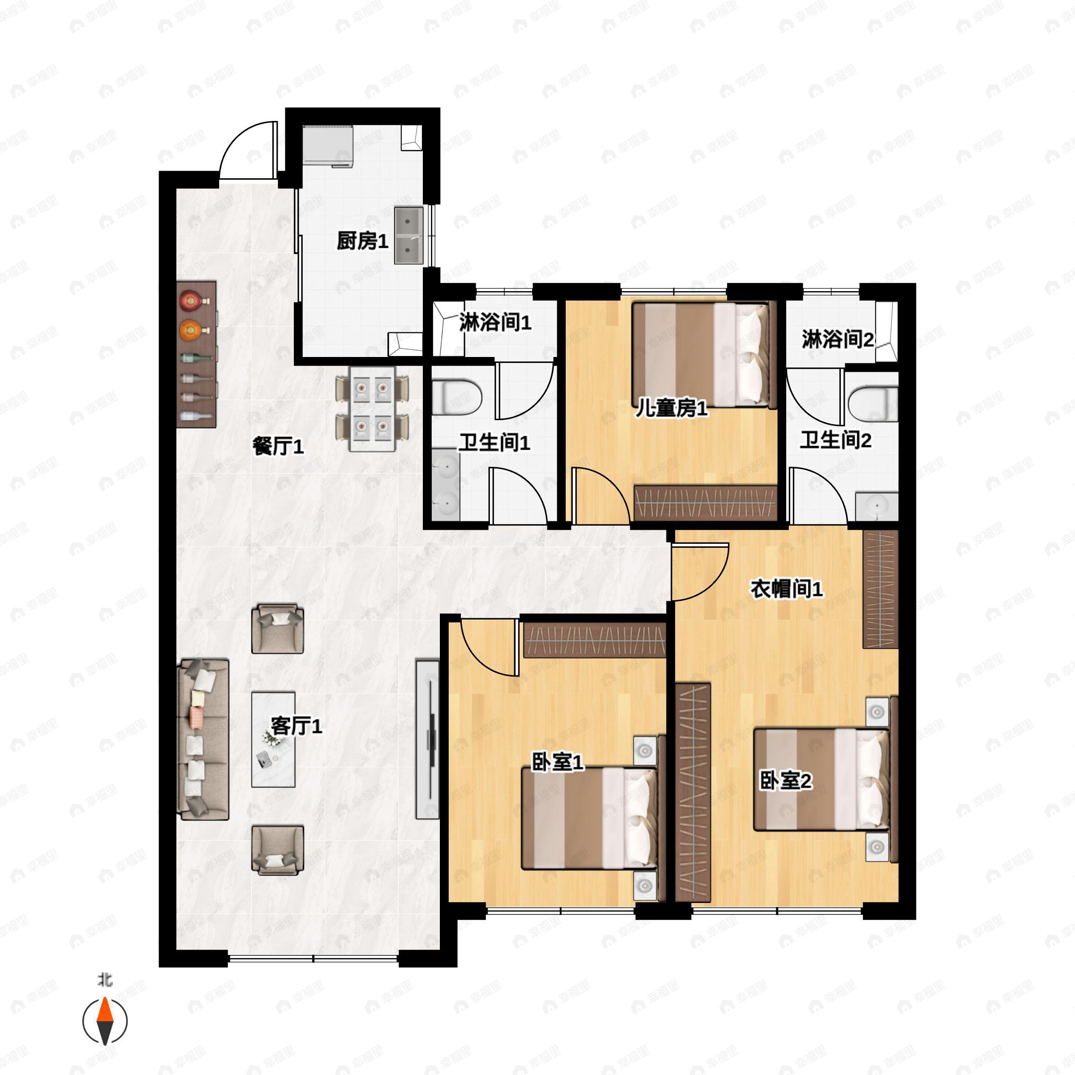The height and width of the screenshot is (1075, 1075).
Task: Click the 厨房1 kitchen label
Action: [362, 241]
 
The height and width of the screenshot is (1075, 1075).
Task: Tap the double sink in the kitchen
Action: [409, 235]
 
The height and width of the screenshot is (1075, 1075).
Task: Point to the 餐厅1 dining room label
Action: [278, 446]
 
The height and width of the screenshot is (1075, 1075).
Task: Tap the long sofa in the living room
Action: [203, 740]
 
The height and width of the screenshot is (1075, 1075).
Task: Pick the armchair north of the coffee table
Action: [277, 629]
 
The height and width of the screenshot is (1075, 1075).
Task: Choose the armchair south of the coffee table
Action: [277, 850]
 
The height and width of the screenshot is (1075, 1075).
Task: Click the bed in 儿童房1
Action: [704, 354]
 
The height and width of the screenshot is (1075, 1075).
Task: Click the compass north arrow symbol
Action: [105, 1021]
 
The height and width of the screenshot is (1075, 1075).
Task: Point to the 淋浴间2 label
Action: [838, 339]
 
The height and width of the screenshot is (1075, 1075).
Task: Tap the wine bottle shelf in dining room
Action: [196, 354]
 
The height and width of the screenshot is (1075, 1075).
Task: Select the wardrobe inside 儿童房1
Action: [705, 503]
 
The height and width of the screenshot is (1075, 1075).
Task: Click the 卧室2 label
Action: [786, 781]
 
